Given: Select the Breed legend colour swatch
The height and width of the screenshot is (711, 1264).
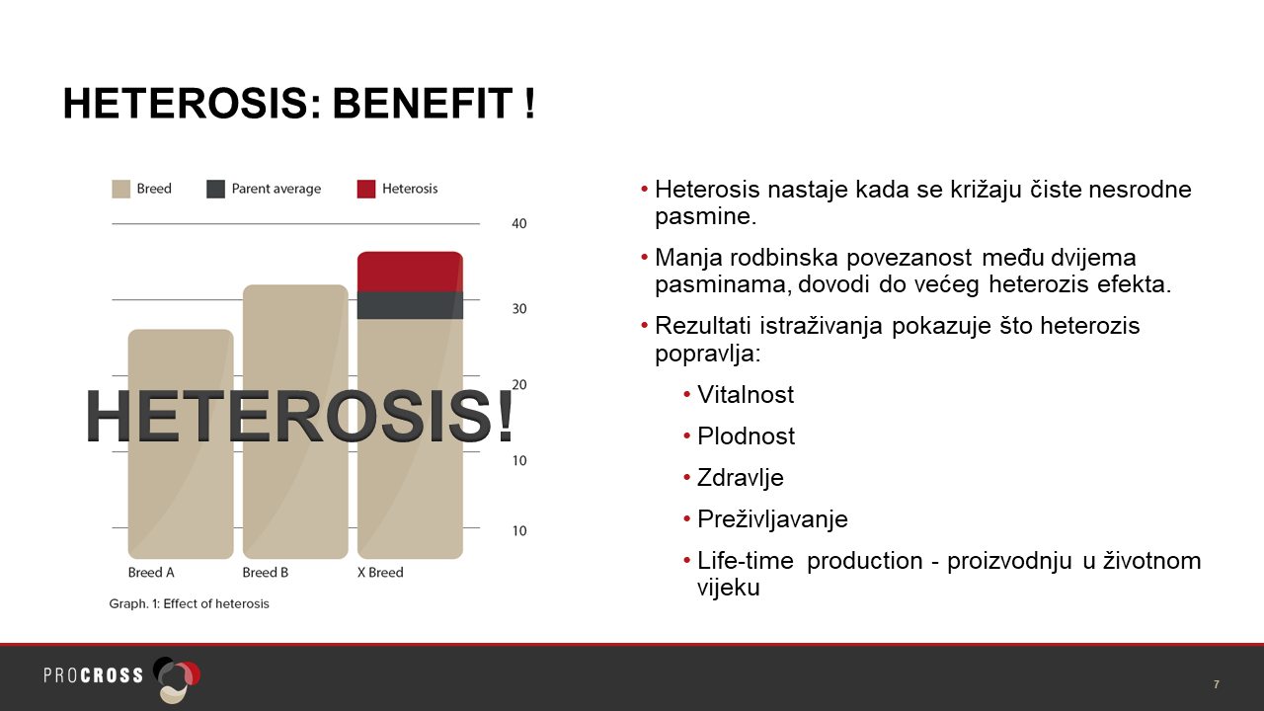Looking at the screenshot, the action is (120, 189).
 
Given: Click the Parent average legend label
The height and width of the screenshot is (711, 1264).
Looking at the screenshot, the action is (276, 189).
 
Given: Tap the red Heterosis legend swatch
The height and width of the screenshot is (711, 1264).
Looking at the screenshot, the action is (366, 189).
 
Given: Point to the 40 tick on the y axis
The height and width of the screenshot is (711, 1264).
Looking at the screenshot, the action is (519, 224).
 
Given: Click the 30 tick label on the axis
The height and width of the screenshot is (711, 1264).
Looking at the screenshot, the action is (519, 309).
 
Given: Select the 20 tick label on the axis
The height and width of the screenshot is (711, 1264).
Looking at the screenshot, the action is (519, 385).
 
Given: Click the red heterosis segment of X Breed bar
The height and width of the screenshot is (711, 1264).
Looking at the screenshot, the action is (410, 272).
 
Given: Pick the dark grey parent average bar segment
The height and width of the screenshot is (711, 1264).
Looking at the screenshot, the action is (410, 305).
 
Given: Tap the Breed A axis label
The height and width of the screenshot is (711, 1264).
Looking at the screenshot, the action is (151, 573).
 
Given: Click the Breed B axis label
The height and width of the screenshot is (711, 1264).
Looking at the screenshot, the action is (266, 573).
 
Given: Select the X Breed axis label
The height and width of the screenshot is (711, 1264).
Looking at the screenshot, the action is (380, 573).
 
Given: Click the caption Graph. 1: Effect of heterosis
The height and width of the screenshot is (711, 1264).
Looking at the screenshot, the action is (189, 603).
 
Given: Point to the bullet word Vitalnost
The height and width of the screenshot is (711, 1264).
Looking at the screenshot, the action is (746, 394).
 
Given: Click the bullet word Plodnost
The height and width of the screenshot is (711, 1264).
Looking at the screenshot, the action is (746, 436).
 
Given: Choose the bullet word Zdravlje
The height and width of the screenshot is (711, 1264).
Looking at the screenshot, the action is (741, 478).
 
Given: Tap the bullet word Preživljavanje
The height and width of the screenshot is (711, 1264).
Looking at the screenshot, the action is (772, 519).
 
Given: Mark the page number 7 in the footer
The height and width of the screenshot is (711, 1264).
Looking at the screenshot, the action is (1216, 684).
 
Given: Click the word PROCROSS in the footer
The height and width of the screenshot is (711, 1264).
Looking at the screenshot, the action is (94, 675).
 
